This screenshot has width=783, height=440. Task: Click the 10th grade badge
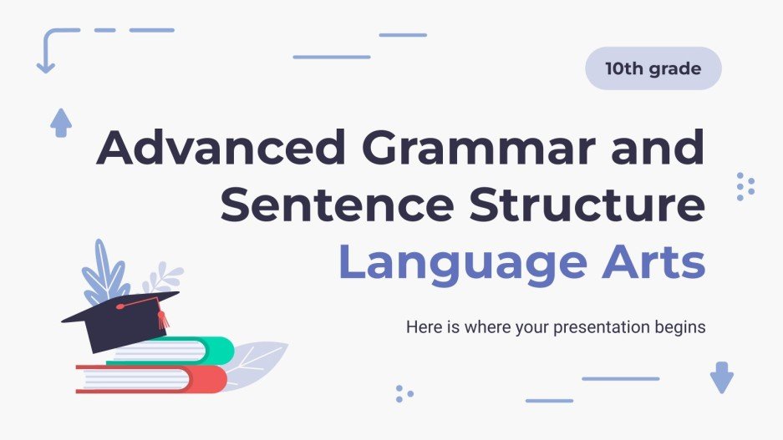653,68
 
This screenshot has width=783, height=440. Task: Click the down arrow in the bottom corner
721,377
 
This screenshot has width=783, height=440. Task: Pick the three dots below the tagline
404,393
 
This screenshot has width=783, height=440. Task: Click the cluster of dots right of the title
745,186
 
